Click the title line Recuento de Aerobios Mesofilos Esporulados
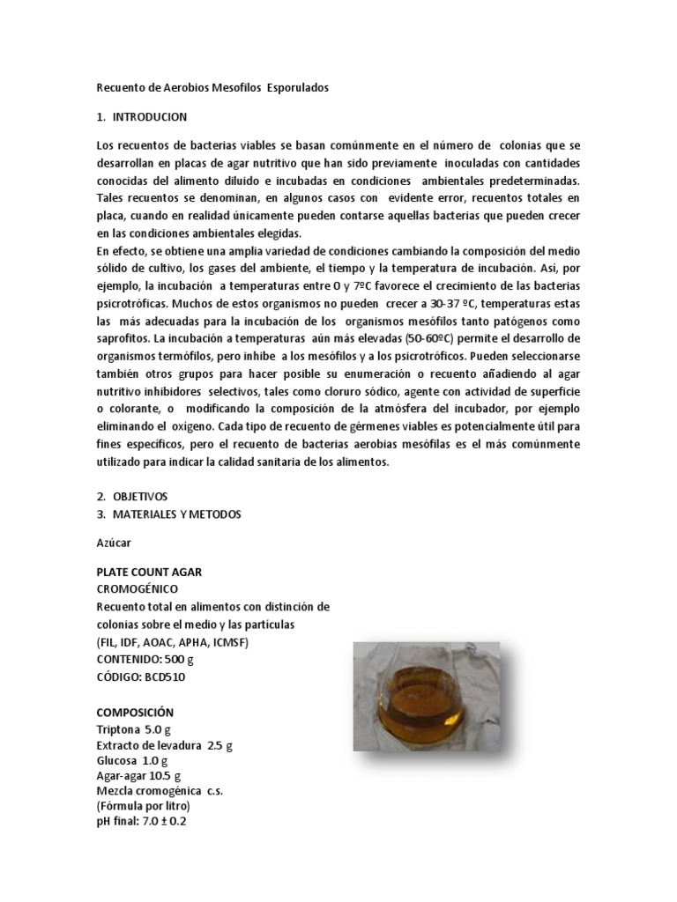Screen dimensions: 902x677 coord(212,88)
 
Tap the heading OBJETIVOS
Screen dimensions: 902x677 coord(139,496)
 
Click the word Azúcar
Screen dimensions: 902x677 coord(113,543)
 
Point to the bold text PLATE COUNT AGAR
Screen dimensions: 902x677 coord(149,572)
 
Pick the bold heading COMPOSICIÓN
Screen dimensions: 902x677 coord(135,712)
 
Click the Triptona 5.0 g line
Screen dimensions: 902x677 coord(132,729)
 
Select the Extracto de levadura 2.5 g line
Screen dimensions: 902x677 coord(165,745)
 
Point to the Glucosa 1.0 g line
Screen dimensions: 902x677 coord(132,760)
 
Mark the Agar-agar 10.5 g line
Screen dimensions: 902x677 coord(138,776)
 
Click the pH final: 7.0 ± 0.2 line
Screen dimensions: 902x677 coord(141,821)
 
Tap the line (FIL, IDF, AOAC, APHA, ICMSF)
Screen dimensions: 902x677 coord(173,641)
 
